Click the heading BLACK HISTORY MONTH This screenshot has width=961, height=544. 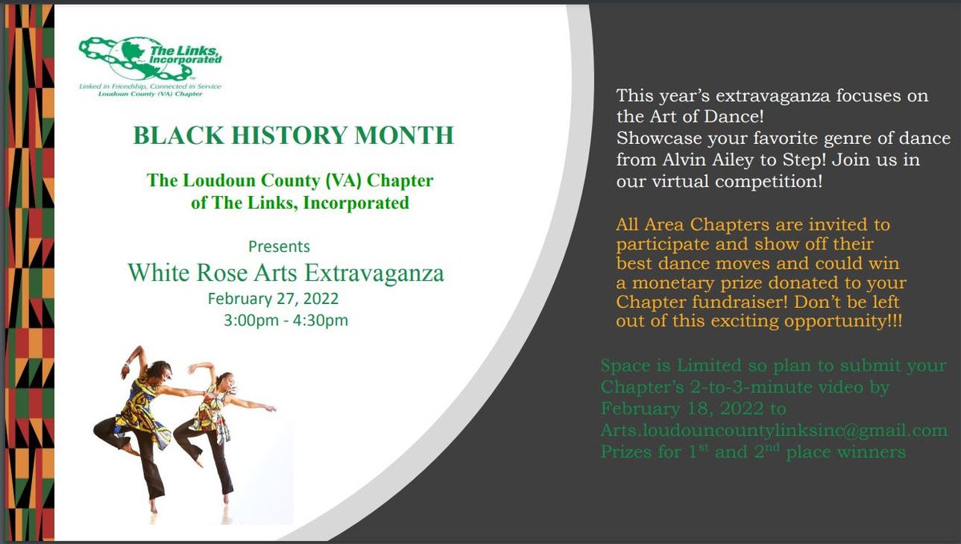293,135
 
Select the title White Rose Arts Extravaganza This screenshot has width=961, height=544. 286,273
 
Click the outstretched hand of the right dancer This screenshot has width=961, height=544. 271,408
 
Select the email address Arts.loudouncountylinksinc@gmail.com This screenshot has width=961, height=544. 774,430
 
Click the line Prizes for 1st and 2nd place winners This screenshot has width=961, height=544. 753,452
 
